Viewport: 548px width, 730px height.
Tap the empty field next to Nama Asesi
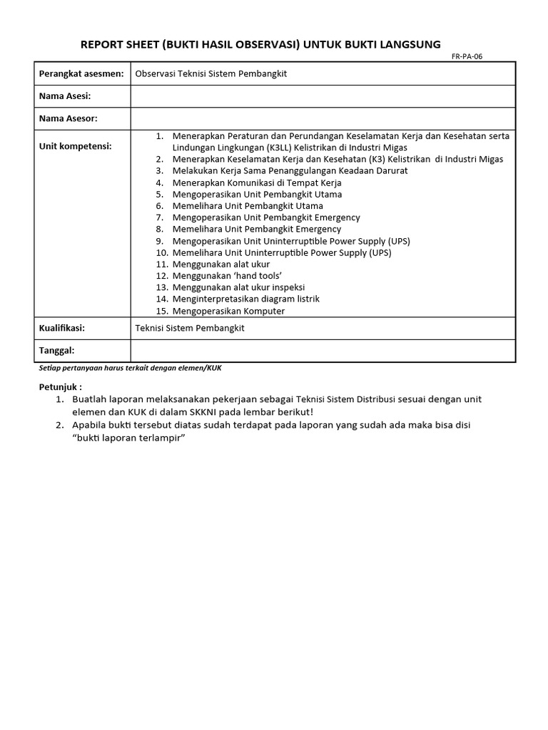pos(323,96)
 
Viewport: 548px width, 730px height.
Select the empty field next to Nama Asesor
pos(323,118)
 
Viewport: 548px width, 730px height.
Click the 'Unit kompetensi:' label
pos(76,146)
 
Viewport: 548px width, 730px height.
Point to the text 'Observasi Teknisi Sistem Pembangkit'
pos(211,73)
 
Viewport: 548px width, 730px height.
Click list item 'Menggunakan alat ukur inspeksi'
pos(238,287)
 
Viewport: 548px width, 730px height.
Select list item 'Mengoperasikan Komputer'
pos(228,311)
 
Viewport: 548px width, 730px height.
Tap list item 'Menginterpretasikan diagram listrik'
pos(245,299)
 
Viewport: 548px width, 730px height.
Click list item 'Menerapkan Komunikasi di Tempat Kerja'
pos(257,182)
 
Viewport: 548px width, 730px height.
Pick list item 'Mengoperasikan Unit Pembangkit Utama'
pos(257,194)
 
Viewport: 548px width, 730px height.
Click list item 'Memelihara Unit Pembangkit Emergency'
pos(257,229)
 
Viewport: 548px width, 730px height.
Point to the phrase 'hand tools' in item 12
pos(259,276)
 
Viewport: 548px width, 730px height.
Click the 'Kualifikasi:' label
pos(62,328)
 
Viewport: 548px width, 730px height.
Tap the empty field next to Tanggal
pos(323,351)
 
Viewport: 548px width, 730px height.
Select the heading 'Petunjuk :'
pos(60,387)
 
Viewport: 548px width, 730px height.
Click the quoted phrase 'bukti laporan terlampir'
pos(128,437)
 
